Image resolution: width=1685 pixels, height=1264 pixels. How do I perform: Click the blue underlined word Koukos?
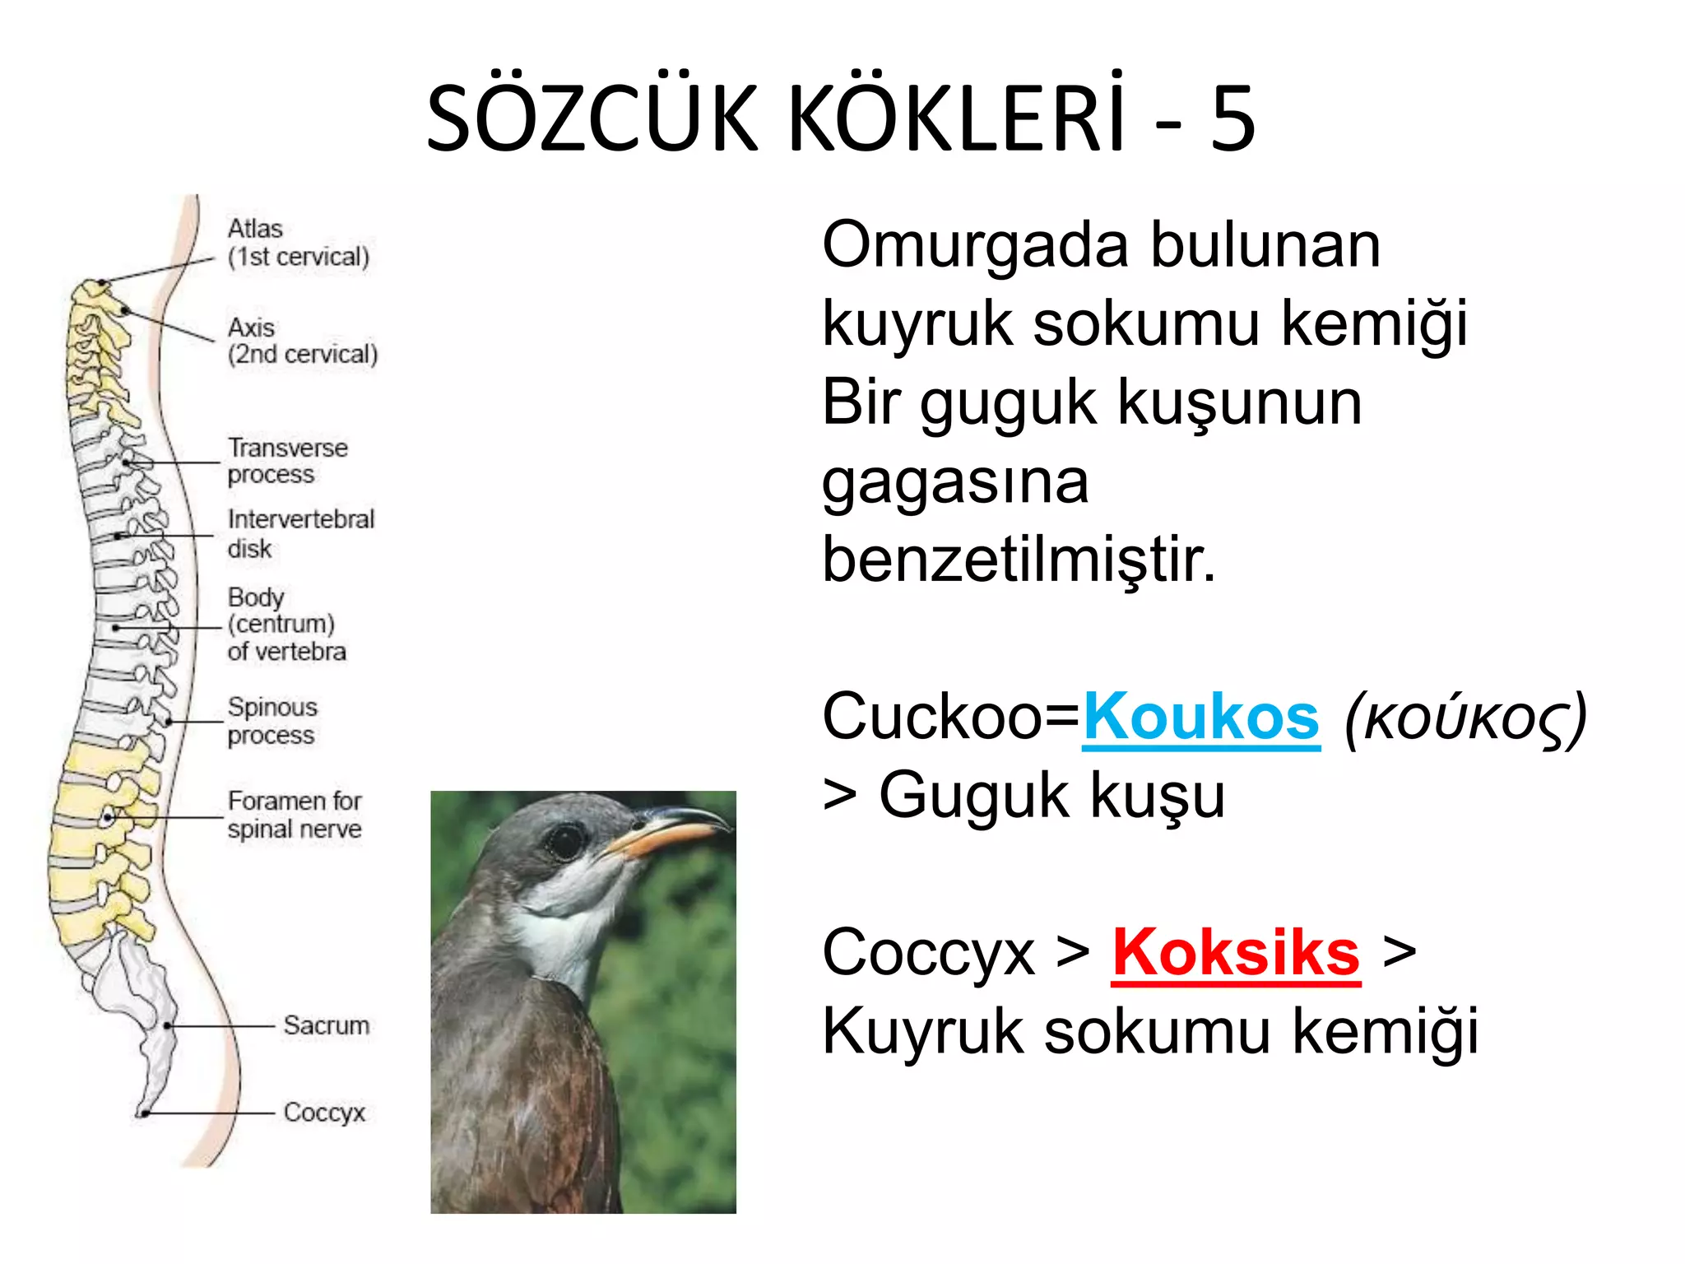tap(1200, 718)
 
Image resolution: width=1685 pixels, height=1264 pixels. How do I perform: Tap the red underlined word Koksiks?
tap(1236, 953)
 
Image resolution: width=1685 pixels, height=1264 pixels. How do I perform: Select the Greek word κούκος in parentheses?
tap(1465, 719)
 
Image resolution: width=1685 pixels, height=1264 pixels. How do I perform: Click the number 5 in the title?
tap(1232, 119)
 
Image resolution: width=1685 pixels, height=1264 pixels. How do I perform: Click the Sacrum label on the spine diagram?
tap(327, 1025)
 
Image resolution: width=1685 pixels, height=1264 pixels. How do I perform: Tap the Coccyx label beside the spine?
tap(324, 1113)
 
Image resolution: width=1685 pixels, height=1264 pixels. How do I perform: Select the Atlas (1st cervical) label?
tap(298, 243)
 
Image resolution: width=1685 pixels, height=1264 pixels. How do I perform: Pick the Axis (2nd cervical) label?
tap(302, 341)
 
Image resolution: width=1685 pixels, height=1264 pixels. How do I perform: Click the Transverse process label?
tap(287, 461)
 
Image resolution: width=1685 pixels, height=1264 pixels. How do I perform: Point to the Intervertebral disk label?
tap(300, 533)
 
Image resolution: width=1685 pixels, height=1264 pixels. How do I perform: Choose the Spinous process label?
tap(272, 721)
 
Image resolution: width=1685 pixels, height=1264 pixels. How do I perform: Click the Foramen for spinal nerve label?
tap(295, 815)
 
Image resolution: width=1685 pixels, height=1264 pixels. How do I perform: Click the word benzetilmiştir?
tap(1018, 560)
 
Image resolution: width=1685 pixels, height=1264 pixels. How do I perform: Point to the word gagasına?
tap(954, 482)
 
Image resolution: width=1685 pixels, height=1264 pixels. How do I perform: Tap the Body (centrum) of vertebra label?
tap(286, 624)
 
